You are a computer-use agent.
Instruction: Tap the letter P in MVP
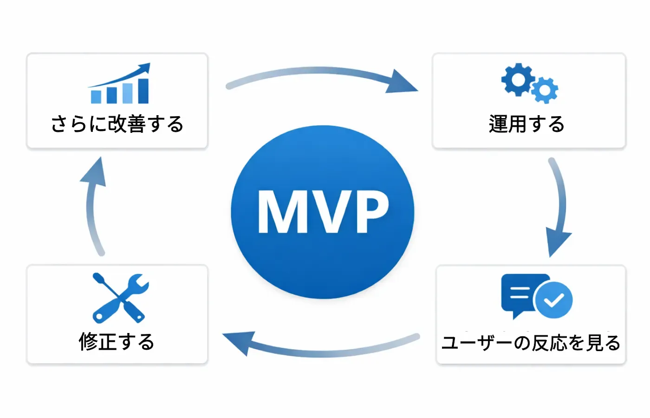(x=372, y=212)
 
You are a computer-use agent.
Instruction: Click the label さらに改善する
(x=117, y=124)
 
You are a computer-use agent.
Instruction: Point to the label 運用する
(x=526, y=124)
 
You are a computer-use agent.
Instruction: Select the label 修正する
(x=117, y=342)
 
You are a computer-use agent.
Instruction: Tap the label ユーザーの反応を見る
(x=531, y=343)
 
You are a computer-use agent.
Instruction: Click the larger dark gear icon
(x=518, y=79)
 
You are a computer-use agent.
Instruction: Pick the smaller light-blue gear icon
(x=545, y=90)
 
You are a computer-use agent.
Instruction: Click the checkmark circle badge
(x=554, y=300)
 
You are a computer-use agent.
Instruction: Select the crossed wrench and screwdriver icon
(x=121, y=298)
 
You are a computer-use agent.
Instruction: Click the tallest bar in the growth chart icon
(x=143, y=91)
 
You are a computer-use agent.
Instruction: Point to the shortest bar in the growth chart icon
(x=96, y=97)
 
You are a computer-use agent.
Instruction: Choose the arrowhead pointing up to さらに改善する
(x=94, y=172)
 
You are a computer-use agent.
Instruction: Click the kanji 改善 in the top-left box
(x=127, y=124)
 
